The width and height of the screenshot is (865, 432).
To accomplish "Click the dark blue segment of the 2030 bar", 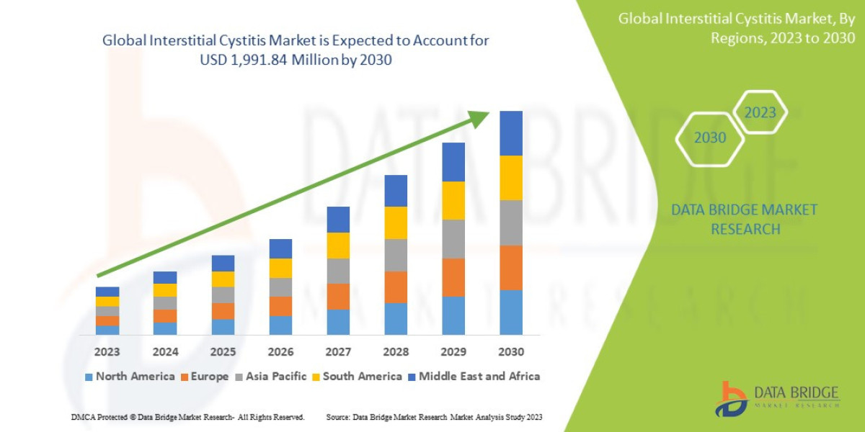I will (510, 133).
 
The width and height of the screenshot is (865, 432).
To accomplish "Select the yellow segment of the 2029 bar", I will (453, 200).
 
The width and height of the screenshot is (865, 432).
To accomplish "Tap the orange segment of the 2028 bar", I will (396, 287).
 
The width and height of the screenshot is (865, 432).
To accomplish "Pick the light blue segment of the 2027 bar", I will (338, 322).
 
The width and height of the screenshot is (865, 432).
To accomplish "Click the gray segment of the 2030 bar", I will (510, 222).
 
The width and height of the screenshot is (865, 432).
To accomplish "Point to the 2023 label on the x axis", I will (107, 352).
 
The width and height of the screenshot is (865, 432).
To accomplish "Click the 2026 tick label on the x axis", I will (280, 352).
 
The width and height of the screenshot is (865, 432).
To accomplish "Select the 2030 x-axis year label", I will (510, 352).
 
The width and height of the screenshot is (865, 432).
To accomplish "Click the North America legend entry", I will (130, 377).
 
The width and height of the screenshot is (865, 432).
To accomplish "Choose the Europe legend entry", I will (204, 377).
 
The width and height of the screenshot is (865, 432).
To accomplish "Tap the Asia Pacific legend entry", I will (270, 377).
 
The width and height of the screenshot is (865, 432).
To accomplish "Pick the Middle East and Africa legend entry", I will (474, 377).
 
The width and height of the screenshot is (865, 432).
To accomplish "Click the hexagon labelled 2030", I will (710, 138).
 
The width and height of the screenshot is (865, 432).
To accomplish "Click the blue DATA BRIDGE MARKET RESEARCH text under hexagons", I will (745, 220).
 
